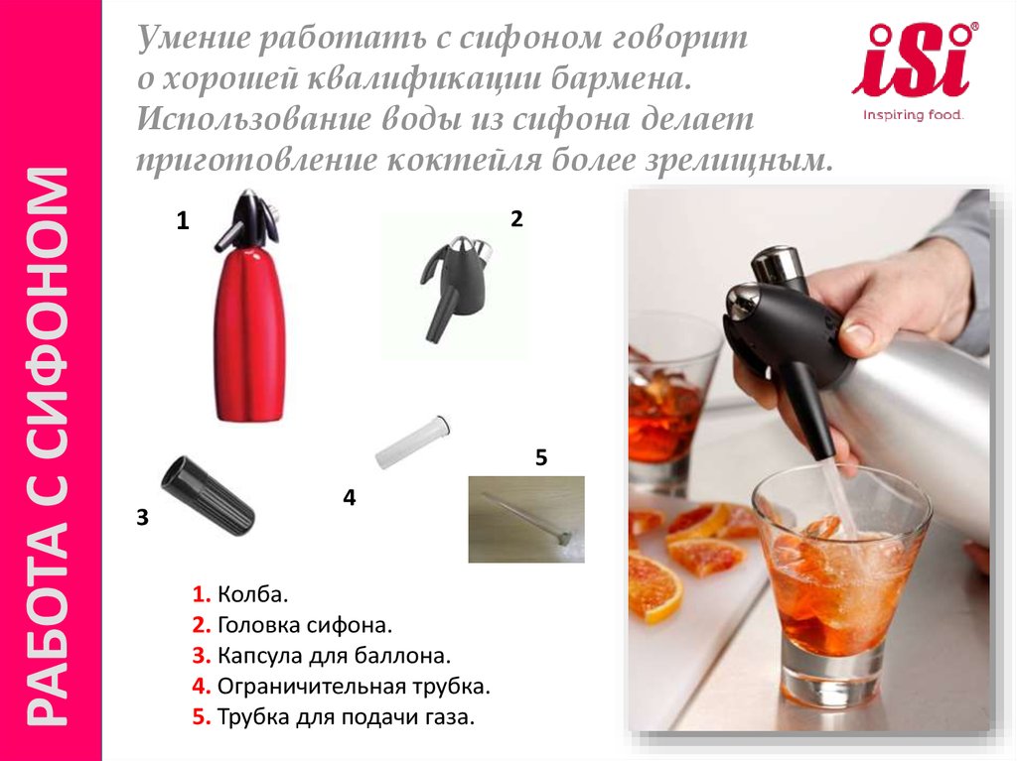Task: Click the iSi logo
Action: pyautogui.click(x=915, y=70)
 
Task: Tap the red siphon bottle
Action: pyautogui.click(x=249, y=306)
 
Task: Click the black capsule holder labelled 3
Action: pyautogui.click(x=208, y=496)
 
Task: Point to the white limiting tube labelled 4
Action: pyautogui.click(x=413, y=443)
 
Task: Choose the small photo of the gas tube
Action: pyautogui.click(x=526, y=519)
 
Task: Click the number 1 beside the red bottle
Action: pyautogui.click(x=183, y=221)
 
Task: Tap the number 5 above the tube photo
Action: pyautogui.click(x=541, y=457)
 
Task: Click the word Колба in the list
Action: pyautogui.click(x=251, y=594)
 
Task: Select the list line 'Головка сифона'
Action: pyautogui.click(x=292, y=625)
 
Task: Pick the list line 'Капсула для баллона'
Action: pyautogui.click(x=321, y=656)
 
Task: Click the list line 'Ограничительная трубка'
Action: pyautogui.click(x=342, y=686)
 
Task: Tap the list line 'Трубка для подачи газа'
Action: pyautogui.click(x=334, y=717)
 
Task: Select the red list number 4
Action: pyautogui.click(x=201, y=686)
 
